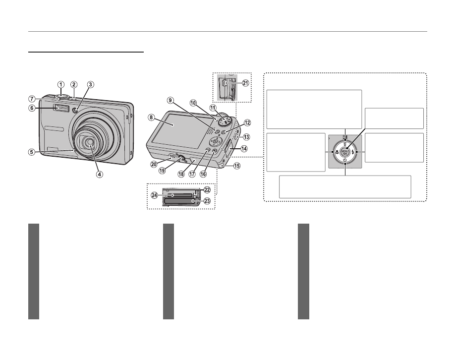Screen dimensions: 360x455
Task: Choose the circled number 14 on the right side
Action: pyautogui.click(x=243, y=148)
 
